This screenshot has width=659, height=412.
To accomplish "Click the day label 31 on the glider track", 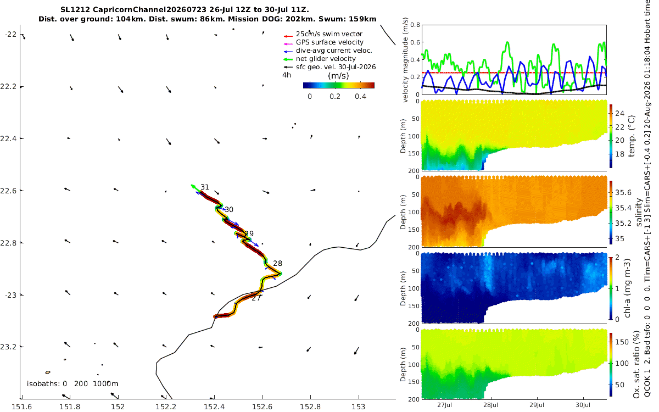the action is pos(205,187).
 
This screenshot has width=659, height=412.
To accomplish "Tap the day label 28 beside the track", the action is pos(277,263).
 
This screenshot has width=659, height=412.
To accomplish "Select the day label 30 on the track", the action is pos(229,209).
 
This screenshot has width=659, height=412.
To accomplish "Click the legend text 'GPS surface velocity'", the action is pos(329,42).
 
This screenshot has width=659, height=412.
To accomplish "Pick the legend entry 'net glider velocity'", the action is pos(326,59).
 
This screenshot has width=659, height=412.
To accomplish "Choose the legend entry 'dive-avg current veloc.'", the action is pos(334,51).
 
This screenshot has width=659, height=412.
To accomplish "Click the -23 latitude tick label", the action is pos(10,295).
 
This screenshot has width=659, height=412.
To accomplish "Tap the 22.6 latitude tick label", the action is pos(8,191).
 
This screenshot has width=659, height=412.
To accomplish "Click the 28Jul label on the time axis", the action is pos(490,405).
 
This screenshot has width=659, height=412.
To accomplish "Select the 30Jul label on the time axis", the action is pos(583,405).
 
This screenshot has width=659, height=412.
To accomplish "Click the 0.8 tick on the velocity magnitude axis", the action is pos(415,25).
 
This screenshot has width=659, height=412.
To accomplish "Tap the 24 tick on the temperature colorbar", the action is pos(619,113).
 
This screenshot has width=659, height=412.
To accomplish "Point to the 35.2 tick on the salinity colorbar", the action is pos(623,224).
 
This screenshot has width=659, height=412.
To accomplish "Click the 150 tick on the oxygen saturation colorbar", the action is pos(622,342).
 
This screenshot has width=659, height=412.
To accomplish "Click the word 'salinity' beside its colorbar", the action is pos(639,212).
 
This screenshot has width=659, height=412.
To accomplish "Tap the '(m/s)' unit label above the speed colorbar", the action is pos(338,76).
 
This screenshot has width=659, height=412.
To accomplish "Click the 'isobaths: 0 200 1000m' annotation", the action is pos(72,384).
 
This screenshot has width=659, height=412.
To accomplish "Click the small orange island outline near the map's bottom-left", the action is pos(48,372).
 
